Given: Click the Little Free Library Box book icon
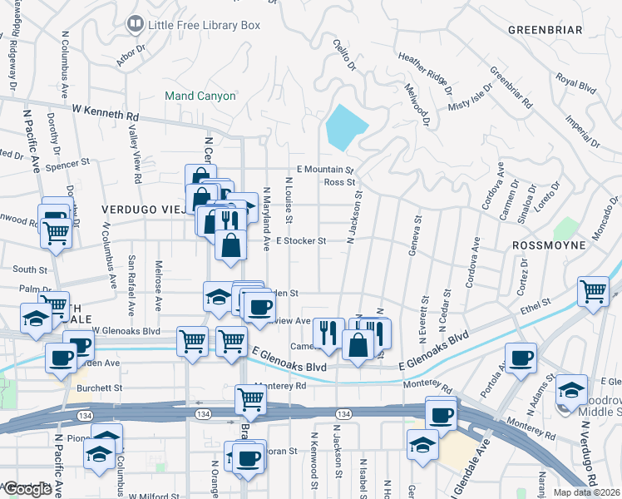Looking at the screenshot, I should [134, 25].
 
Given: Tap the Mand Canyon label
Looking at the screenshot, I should [200, 96].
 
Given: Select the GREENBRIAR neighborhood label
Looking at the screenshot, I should [545, 30].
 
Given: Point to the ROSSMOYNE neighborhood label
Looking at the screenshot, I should [550, 246].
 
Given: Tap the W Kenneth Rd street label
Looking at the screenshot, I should [105, 109].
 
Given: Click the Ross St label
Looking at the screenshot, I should [339, 181].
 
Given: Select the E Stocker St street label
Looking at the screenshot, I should [299, 241].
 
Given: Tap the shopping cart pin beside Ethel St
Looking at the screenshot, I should [593, 291].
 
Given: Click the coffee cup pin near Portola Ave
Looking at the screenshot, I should [521, 358].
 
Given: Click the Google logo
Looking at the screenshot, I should [27, 489].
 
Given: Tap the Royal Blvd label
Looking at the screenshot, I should [577, 82].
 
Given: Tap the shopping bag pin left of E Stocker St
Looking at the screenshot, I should [230, 245].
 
